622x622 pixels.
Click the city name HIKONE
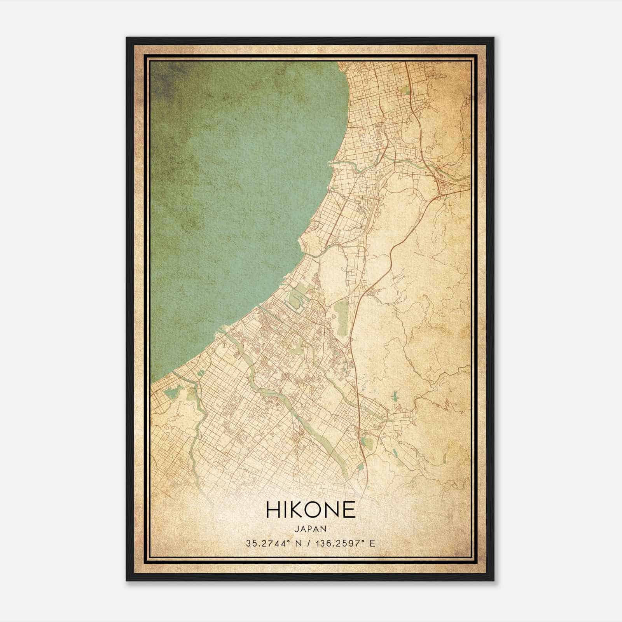coord(311,510)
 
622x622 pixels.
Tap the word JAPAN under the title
coord(311,529)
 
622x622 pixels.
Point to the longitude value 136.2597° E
coord(346,543)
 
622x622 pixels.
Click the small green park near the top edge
coord(406,91)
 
